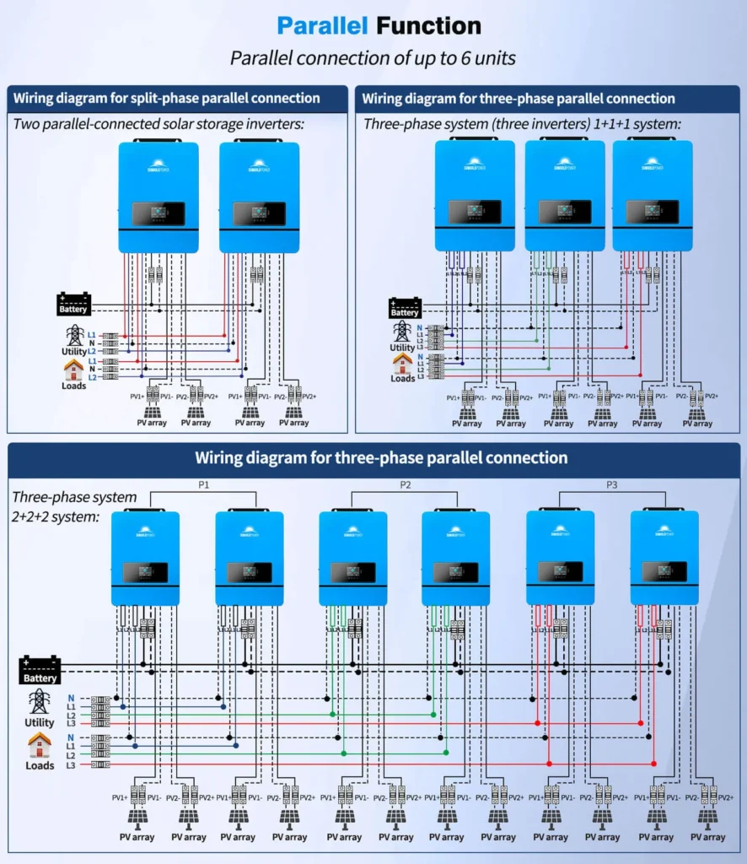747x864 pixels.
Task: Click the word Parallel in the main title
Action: coord(323,25)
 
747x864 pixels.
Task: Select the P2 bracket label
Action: coord(405,485)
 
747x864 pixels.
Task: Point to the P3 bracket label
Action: coord(612,485)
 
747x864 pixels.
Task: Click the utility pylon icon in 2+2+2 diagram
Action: coord(39,702)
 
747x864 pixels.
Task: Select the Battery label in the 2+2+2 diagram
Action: coord(40,678)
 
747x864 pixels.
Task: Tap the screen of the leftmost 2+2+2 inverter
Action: coord(145,572)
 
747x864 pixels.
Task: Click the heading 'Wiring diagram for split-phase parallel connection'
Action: coord(166,98)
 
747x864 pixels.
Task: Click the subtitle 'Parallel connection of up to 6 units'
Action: coord(373,58)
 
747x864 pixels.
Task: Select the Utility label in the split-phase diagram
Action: coord(73,350)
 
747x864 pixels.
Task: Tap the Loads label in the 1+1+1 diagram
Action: coord(402,379)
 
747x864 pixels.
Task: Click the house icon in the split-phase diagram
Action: coord(73,370)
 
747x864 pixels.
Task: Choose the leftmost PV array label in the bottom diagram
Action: coord(137,837)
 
